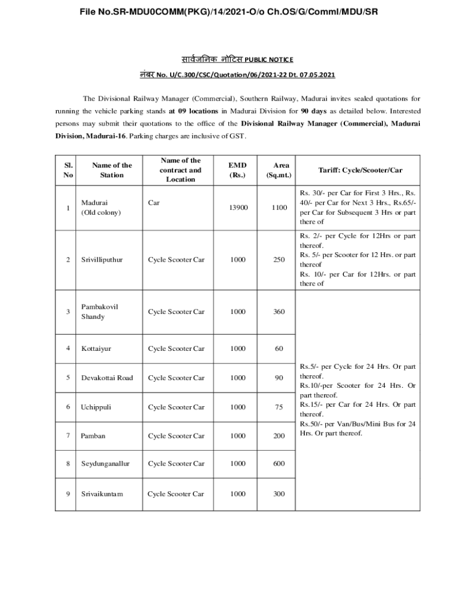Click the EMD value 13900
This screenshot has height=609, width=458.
[237, 208]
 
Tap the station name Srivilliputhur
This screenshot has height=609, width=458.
[102, 260]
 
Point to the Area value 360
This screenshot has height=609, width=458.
[279, 312]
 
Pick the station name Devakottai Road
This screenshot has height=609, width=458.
[107, 378]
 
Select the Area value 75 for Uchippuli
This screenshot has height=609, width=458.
[279, 407]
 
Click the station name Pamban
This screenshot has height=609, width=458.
[93, 436]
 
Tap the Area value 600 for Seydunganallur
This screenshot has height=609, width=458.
[279, 464]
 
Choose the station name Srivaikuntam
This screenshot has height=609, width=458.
[102, 494]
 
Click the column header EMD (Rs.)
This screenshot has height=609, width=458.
[237, 170]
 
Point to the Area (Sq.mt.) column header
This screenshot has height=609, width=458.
[281, 170]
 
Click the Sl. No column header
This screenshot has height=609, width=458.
[67, 170]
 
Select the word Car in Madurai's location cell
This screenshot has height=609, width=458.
[154, 203]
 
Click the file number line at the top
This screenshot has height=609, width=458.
[228, 11]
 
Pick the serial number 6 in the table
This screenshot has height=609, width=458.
[68, 407]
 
